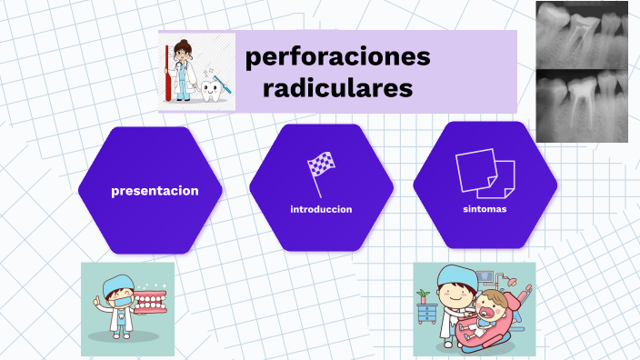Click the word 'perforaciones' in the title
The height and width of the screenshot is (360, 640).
(337, 56)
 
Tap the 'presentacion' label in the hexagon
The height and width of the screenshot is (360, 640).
(155, 191)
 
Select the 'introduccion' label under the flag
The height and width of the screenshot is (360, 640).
(321, 209)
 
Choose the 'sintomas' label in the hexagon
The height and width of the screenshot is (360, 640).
(485, 209)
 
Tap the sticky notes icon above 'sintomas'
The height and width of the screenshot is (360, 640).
(485, 173)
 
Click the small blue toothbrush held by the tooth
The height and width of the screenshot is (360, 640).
(224, 87)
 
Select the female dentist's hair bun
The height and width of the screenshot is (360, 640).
(184, 42)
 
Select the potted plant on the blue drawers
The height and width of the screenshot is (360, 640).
(423, 296)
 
